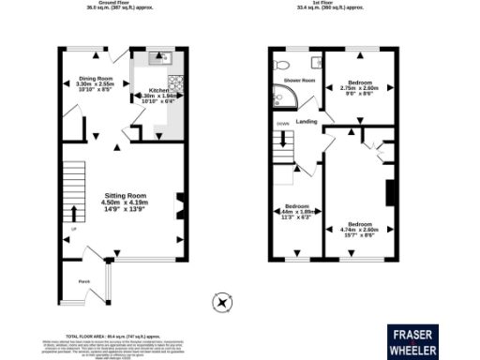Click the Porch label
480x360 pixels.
tap(83, 280)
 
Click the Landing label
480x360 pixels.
tap(306, 121)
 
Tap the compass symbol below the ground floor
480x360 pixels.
tap(221, 302)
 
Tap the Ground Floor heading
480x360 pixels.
tap(121, 4)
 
